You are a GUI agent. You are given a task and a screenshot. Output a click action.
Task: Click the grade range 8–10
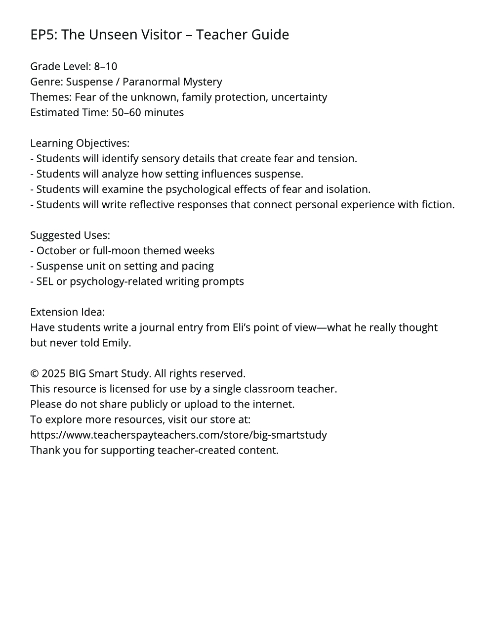pos(106,66)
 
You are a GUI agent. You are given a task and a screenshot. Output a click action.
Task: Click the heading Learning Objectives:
pos(80,143)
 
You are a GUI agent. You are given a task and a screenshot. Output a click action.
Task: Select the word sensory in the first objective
pos(160,158)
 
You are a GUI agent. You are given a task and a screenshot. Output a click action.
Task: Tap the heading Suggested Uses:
pos(70,235)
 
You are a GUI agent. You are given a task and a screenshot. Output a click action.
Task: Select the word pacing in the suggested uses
pos(198,266)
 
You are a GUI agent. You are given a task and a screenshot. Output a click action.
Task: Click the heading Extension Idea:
pos(67,312)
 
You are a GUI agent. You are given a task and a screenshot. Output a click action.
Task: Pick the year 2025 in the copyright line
pos(53,373)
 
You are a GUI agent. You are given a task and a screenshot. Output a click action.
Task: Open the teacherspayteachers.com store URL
pos(178,434)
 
